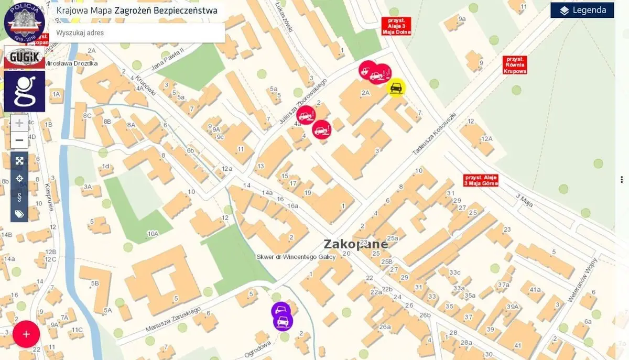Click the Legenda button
pyautogui.click(x=582, y=10)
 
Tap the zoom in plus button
pyautogui.click(x=19, y=123)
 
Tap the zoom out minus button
pyautogui.click(x=19, y=140)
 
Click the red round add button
pyautogui.click(x=26, y=334)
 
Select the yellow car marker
pyautogui.click(x=396, y=88)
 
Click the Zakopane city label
pyautogui.click(x=356, y=244)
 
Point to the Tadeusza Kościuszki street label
pyautogui.click(x=435, y=134)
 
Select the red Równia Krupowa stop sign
pyautogui.click(x=514, y=64)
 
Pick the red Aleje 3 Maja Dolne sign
pyautogui.click(x=396, y=26)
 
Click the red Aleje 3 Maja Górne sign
pyautogui.click(x=481, y=180)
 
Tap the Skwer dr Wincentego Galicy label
pyautogui.click(x=296, y=257)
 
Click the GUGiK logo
pyautogui.click(x=24, y=57)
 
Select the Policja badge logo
pyautogui.click(x=24, y=22)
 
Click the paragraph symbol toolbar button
pyautogui.click(x=19, y=196)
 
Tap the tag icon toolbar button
pyautogui.click(x=19, y=213)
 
